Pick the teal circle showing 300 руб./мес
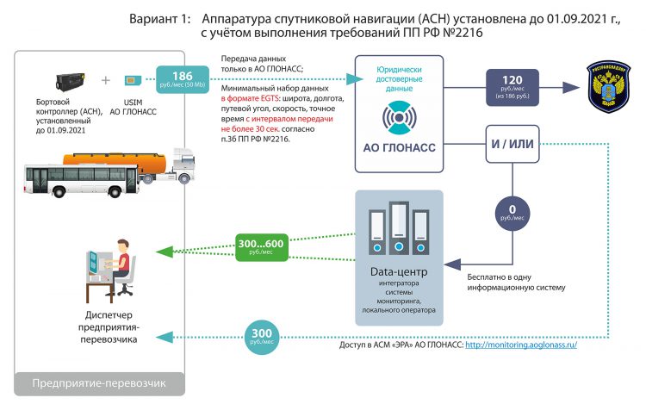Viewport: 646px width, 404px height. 263,334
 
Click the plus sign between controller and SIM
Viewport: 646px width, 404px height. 106,80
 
